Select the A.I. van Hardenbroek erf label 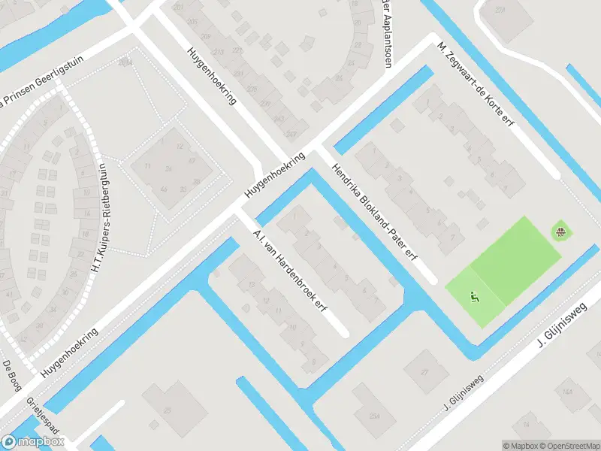[291, 272]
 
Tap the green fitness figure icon [474, 298]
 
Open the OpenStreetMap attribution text [569, 446]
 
